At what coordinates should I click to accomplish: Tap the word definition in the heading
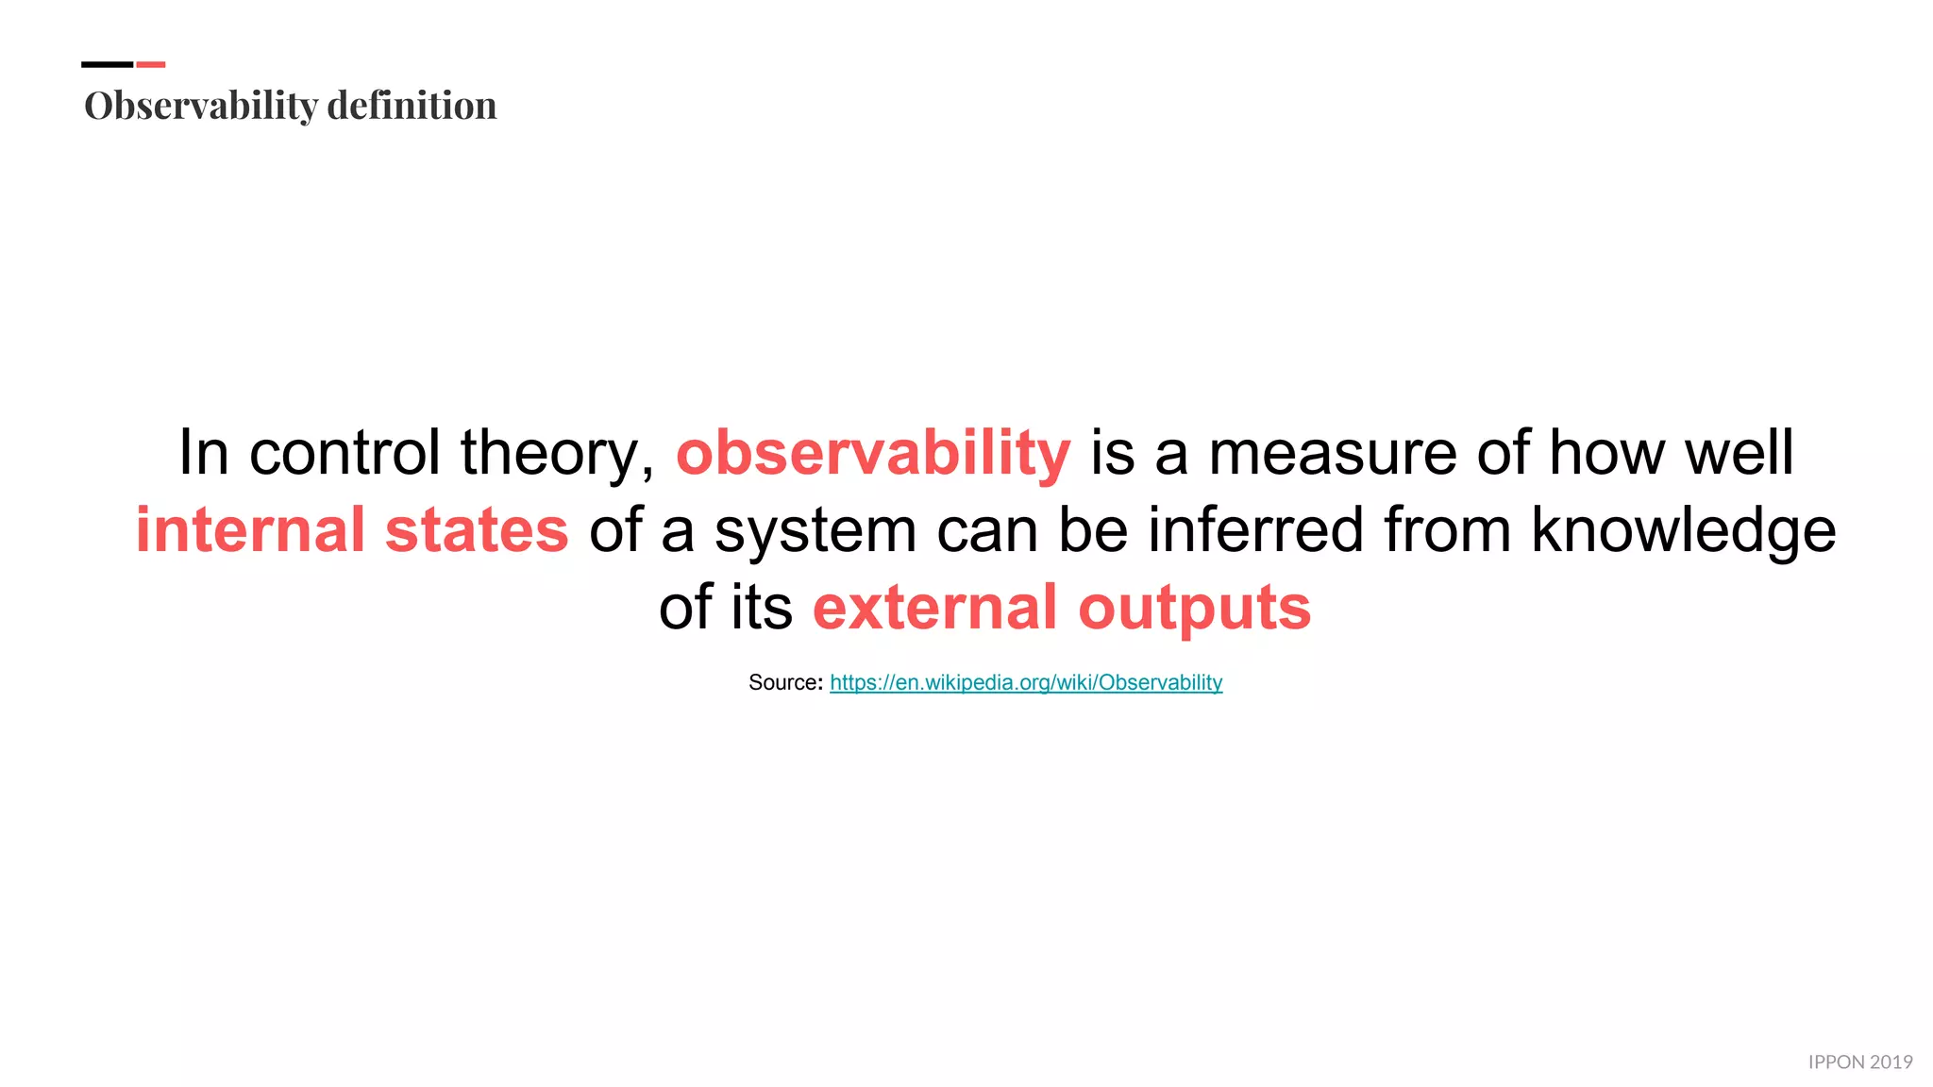click(412, 106)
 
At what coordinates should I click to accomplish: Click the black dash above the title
click(107, 64)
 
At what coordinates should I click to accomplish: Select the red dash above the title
click(151, 64)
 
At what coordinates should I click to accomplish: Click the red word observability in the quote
click(873, 453)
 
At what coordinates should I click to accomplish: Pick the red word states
click(477, 530)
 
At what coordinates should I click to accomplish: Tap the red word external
click(934, 608)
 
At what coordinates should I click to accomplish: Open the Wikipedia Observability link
click(1026, 682)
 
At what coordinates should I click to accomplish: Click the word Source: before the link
click(785, 682)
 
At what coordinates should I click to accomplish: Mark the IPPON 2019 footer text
click(1859, 1062)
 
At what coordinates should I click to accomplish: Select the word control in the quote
click(345, 453)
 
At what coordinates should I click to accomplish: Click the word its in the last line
click(761, 608)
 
